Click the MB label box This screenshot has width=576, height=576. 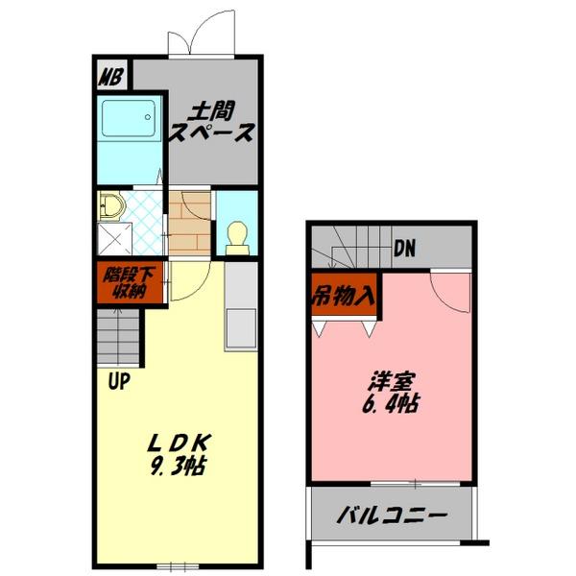coord(111,74)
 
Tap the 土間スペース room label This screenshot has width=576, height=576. coord(211,123)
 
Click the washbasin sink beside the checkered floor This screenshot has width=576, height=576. coord(109,205)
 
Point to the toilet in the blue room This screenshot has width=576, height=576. coord(236,236)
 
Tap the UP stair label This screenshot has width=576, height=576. coord(119,381)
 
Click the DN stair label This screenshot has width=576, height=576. coord(404,249)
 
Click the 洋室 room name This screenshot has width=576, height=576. coord(390,380)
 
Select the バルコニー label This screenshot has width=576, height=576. coord(392,516)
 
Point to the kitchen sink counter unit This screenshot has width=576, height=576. coord(241,307)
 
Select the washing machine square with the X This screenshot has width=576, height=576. coord(116,237)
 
